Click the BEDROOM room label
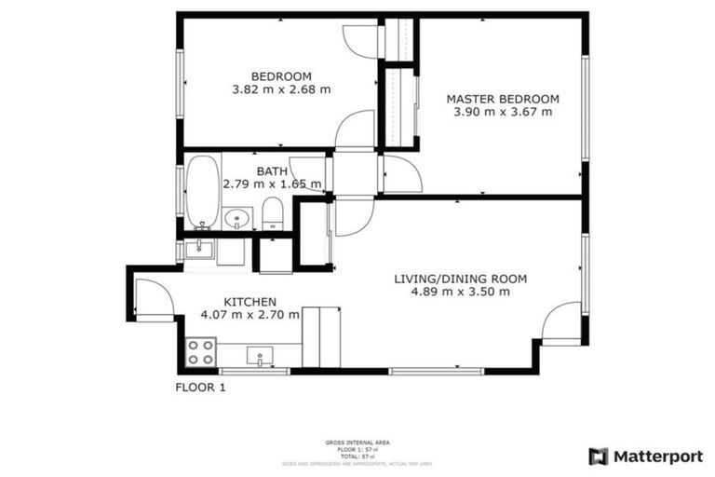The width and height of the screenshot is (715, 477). pos(281,76)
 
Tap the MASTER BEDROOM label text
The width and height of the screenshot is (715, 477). pos(502,99)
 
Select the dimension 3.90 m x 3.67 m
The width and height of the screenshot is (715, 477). pos(502,112)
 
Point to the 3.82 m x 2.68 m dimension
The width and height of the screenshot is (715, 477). pos(281,89)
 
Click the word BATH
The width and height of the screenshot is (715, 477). pos(272,171)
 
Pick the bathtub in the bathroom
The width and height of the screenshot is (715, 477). pos(202,192)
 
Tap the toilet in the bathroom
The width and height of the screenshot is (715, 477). pos(272,213)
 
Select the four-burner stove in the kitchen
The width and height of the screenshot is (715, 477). pos(201,351)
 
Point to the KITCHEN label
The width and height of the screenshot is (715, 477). pos(250,302)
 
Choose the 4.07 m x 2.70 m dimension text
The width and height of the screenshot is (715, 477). pos(250,315)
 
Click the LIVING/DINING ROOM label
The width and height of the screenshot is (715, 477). pos(460,279)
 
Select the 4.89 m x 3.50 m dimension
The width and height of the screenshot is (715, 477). pos(460,292)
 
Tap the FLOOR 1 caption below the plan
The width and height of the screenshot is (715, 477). pos(201,388)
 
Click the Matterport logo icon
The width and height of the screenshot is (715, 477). pos(599,456)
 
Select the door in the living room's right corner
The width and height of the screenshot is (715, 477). pos(562,324)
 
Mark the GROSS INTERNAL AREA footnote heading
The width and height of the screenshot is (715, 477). pos(358,443)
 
